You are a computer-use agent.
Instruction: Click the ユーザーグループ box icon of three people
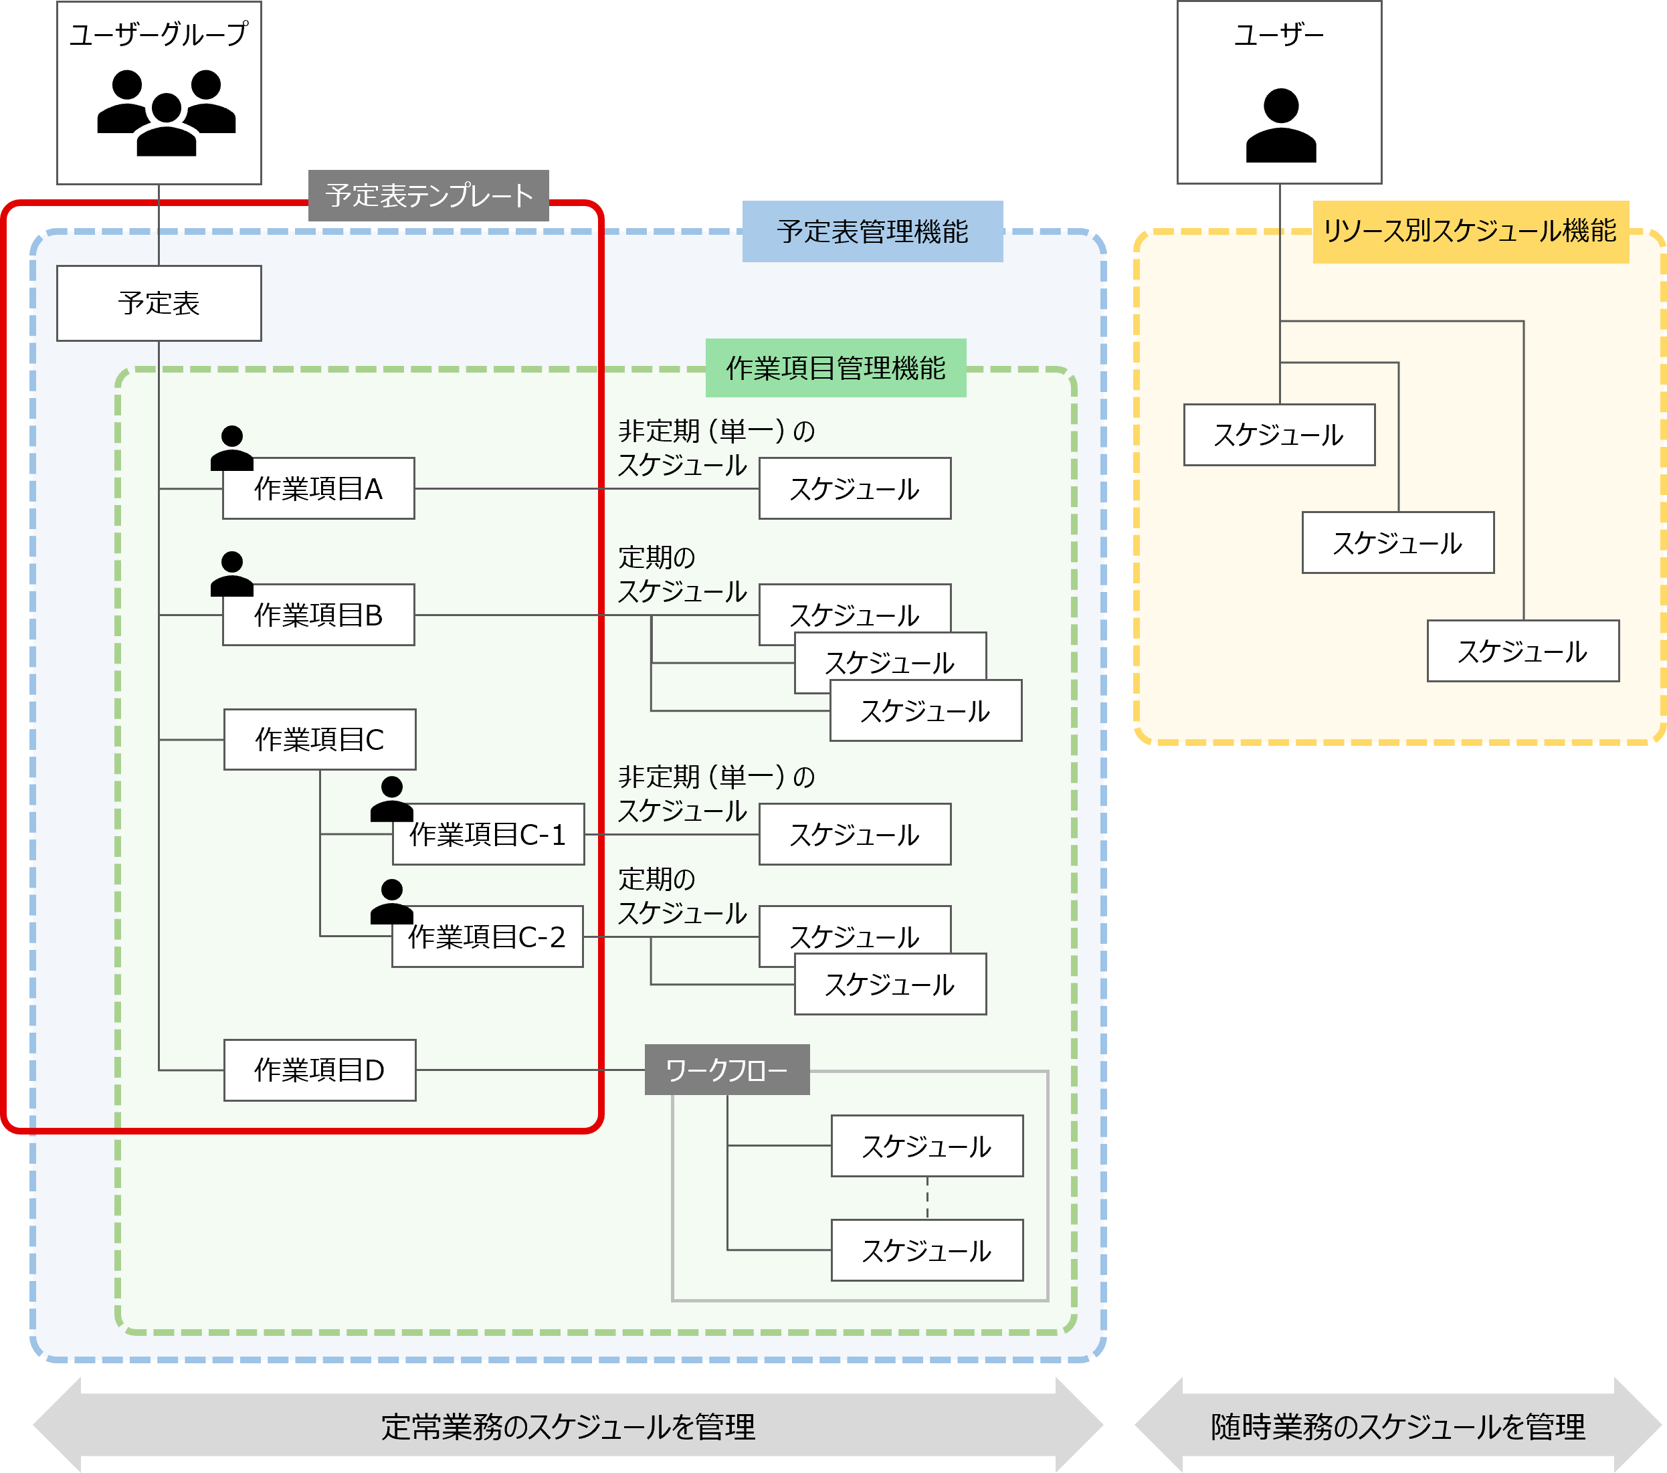pos(167,112)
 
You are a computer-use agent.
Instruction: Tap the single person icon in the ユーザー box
pos(1280,126)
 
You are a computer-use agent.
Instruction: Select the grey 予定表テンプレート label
pos(428,196)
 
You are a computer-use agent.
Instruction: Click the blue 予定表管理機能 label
pos(872,231)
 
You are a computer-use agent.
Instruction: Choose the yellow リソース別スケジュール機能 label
pos(1470,231)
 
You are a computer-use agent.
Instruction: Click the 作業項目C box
pos(320,740)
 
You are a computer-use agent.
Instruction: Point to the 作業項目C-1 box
pos(488,834)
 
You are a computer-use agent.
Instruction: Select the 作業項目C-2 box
pos(488,937)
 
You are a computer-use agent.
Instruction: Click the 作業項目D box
pos(320,1070)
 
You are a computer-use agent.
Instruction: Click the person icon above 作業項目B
pos(232,573)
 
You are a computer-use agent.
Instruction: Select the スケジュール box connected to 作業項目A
pos(855,488)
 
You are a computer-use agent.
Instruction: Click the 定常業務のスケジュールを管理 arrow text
pos(569,1428)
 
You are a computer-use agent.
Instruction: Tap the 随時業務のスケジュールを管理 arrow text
pos(1398,1428)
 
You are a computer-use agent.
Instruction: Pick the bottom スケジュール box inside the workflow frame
pos(927,1250)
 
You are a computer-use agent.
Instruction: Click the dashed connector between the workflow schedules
pos(927,1197)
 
